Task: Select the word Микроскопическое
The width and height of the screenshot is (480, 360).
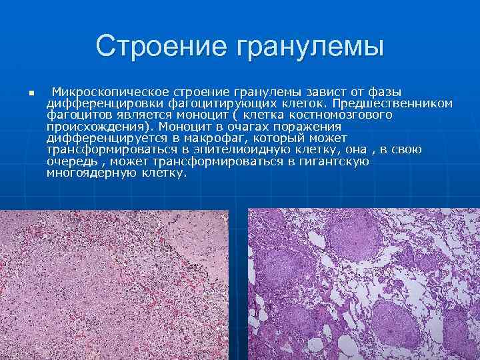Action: [x=111, y=92]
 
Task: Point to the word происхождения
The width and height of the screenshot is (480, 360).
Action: [x=97, y=126]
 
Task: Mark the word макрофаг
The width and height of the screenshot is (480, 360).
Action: [x=187, y=137]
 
